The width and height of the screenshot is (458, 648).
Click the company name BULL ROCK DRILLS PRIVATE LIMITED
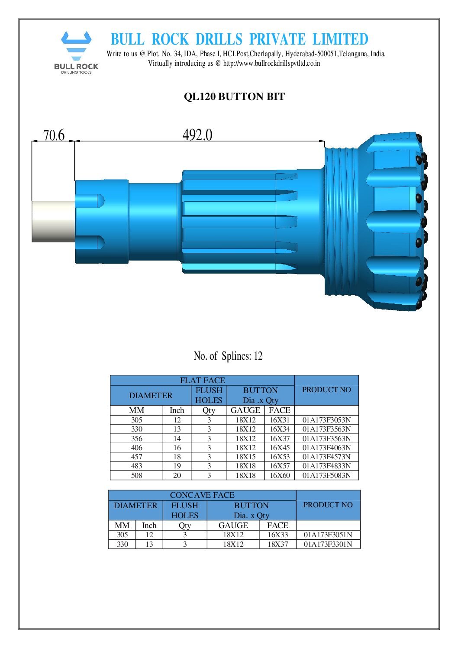tap(239, 39)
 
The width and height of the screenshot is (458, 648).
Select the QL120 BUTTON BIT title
tap(234, 97)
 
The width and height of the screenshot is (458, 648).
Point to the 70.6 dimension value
tap(54, 135)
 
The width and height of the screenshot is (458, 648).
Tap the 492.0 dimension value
tap(197, 135)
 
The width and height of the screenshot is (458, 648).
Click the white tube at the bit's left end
tap(53, 221)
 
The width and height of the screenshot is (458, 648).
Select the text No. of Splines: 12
tap(228, 356)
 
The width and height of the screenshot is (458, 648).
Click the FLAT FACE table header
tap(202, 380)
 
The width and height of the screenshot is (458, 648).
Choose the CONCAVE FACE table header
tap(202, 495)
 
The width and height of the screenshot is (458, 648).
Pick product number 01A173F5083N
tap(326, 475)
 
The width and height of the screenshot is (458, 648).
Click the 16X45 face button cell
tap(279, 448)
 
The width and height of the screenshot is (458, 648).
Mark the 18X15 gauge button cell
tap(245, 457)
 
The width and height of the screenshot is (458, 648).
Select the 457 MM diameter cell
tap(136, 457)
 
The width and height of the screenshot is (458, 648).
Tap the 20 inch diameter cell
tap(177, 475)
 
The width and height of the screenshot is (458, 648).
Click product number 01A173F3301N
tap(328, 544)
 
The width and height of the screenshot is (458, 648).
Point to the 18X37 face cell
tap(277, 544)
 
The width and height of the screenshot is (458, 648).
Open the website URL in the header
tap(271, 63)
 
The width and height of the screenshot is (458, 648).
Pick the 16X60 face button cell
tap(279, 475)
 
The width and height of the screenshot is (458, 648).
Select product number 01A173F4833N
tap(326, 466)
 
